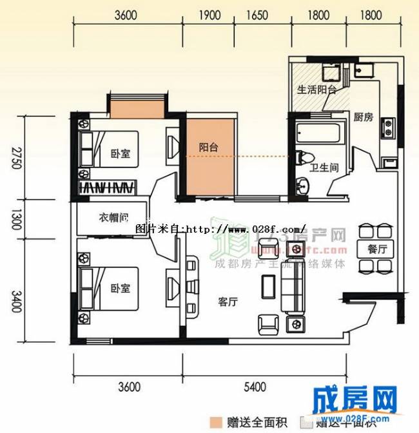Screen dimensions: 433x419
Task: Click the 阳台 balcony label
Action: coord(208,147)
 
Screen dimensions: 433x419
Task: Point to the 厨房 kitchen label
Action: coord(363,117)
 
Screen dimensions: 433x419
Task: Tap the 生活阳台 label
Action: coord(316,90)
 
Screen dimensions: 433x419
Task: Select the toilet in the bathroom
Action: coord(305,158)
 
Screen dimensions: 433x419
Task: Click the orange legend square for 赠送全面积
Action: coord(216,423)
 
